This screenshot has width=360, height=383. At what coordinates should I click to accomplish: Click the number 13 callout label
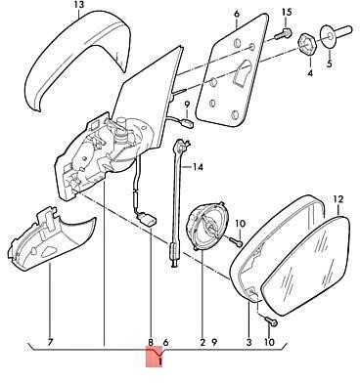point(79,5)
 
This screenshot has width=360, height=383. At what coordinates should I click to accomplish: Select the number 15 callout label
point(287,13)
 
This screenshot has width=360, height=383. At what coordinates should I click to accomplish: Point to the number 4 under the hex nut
point(310,73)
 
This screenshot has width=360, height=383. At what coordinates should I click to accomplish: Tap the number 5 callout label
point(330,63)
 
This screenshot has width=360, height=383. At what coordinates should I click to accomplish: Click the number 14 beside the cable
point(198,167)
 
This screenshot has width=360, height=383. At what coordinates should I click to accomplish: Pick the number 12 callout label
point(338,198)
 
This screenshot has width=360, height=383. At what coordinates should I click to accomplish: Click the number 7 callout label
point(50,342)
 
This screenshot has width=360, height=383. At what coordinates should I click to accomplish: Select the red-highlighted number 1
point(159,361)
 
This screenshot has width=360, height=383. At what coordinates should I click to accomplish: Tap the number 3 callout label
point(249,342)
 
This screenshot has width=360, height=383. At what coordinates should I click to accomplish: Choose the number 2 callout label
point(202,342)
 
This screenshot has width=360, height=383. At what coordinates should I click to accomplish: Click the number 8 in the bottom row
point(151,342)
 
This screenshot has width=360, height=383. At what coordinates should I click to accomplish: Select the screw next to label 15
point(283,34)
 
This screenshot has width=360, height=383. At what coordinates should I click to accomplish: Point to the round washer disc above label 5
point(329,34)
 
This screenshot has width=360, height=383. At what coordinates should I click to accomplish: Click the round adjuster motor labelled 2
point(205,227)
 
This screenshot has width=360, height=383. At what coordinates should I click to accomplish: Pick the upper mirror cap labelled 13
point(77,59)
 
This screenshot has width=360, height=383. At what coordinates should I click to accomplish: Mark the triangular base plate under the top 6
point(232,70)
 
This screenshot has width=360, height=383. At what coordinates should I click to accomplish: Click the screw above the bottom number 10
point(271,321)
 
